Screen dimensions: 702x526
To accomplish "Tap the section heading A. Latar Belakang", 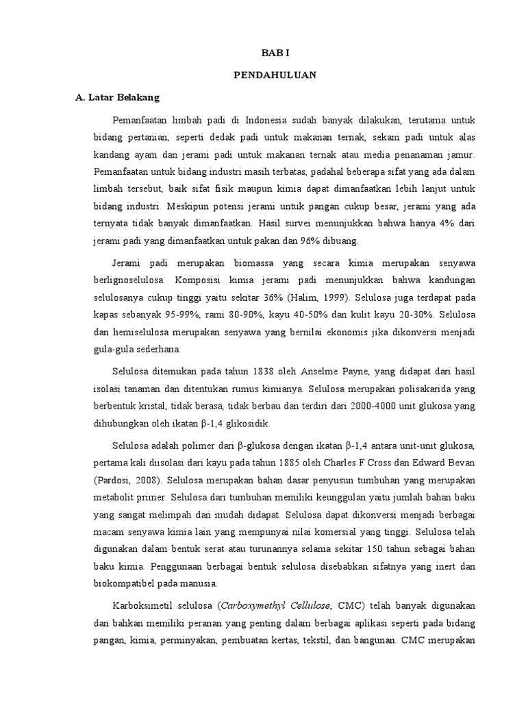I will [x=117, y=98].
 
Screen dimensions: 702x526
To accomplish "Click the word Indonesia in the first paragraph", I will [x=268, y=121].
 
